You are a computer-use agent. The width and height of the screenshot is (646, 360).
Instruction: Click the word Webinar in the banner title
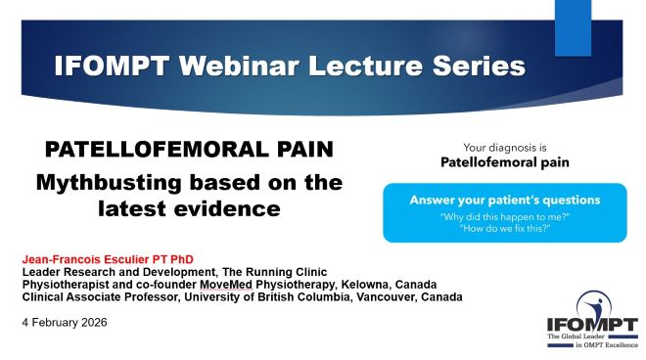click(239, 66)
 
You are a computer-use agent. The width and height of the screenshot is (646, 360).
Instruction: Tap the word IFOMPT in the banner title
click(112, 66)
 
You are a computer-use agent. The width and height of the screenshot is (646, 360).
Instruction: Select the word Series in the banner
click(479, 66)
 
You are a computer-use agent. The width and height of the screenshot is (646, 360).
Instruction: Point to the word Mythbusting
click(109, 183)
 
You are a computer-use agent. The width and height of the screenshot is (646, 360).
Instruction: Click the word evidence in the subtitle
click(227, 208)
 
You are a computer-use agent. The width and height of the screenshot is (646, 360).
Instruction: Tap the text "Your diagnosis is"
click(505, 148)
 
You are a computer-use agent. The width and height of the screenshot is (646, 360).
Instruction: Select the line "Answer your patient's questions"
click(505, 201)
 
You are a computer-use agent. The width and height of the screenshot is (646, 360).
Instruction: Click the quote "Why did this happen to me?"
click(505, 216)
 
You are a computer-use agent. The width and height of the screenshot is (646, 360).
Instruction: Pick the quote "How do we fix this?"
click(505, 228)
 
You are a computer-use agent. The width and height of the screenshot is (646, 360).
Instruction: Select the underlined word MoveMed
click(226, 285)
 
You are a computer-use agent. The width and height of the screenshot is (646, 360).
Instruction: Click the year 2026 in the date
click(94, 323)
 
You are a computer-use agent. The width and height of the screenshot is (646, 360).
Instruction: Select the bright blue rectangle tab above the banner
click(573, 28)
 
